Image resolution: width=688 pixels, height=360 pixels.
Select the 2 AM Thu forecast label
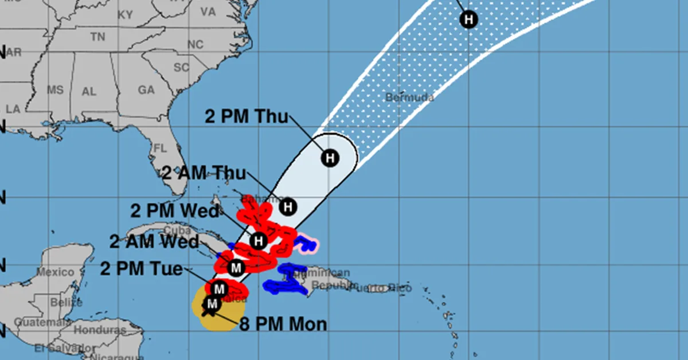pyautogui.click(x=204, y=173)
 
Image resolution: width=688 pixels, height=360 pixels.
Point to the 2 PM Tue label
pyautogui.click(x=142, y=268)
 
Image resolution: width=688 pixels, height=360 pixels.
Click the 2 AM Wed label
pyautogui.click(x=154, y=241)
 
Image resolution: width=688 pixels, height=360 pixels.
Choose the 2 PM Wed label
pyautogui.click(x=175, y=210)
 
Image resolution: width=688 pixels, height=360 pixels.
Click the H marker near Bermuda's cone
pyautogui.click(x=468, y=19)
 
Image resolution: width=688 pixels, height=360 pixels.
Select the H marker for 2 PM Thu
pyautogui.click(x=330, y=157)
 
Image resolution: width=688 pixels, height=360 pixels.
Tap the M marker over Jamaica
pyautogui.click(x=218, y=289)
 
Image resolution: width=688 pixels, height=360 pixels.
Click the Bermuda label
pyautogui.click(x=409, y=97)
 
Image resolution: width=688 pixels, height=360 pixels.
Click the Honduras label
pyautogui.click(x=100, y=331)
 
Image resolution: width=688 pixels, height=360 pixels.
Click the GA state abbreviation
pyautogui.click(x=146, y=90)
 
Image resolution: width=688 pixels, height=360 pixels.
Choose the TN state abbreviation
pyautogui.click(x=97, y=37)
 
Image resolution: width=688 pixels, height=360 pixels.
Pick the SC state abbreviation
pyautogui.click(x=181, y=68)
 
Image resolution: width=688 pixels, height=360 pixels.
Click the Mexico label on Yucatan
pyautogui.click(x=55, y=272)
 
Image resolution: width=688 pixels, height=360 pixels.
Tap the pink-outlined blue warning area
pyautogui.click(x=307, y=244)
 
